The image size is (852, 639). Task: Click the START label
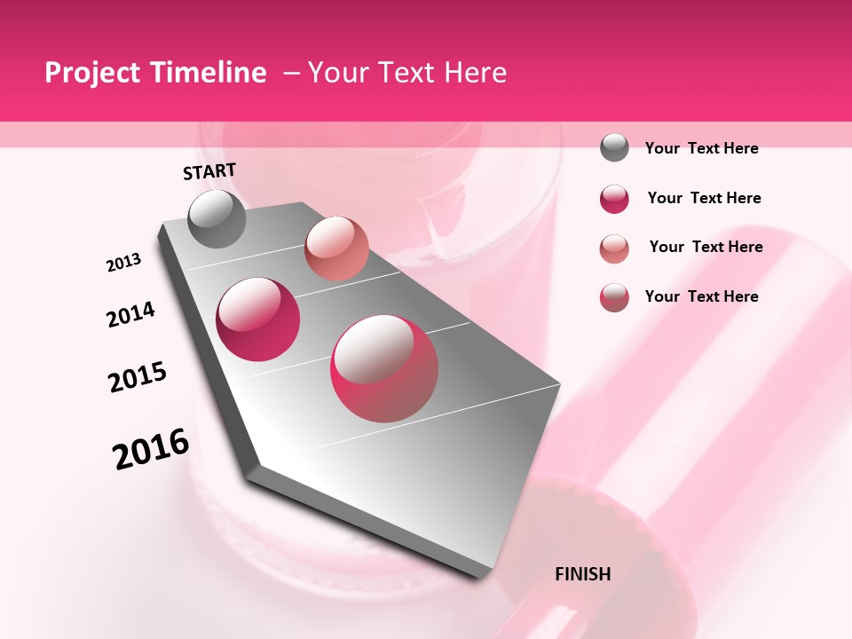tap(209, 171)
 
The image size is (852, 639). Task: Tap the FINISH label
tap(583, 574)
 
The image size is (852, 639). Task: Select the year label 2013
tap(124, 263)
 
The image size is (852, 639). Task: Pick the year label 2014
tap(130, 314)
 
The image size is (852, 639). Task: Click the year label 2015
tap(138, 377)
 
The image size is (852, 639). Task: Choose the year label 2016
tap(151, 448)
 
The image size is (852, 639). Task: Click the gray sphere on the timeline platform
tap(217, 218)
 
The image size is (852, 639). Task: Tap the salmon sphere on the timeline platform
tap(336, 248)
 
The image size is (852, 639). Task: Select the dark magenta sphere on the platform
tap(258, 319)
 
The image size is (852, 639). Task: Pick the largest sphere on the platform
tap(384, 368)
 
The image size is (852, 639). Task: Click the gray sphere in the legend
tap(614, 148)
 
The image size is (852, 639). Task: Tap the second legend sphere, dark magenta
tap(614, 199)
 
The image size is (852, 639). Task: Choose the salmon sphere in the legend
tap(614, 248)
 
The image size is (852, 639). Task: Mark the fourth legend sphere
tap(614, 297)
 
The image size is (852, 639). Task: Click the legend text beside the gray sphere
tap(701, 149)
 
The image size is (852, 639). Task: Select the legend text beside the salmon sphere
tap(706, 247)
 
